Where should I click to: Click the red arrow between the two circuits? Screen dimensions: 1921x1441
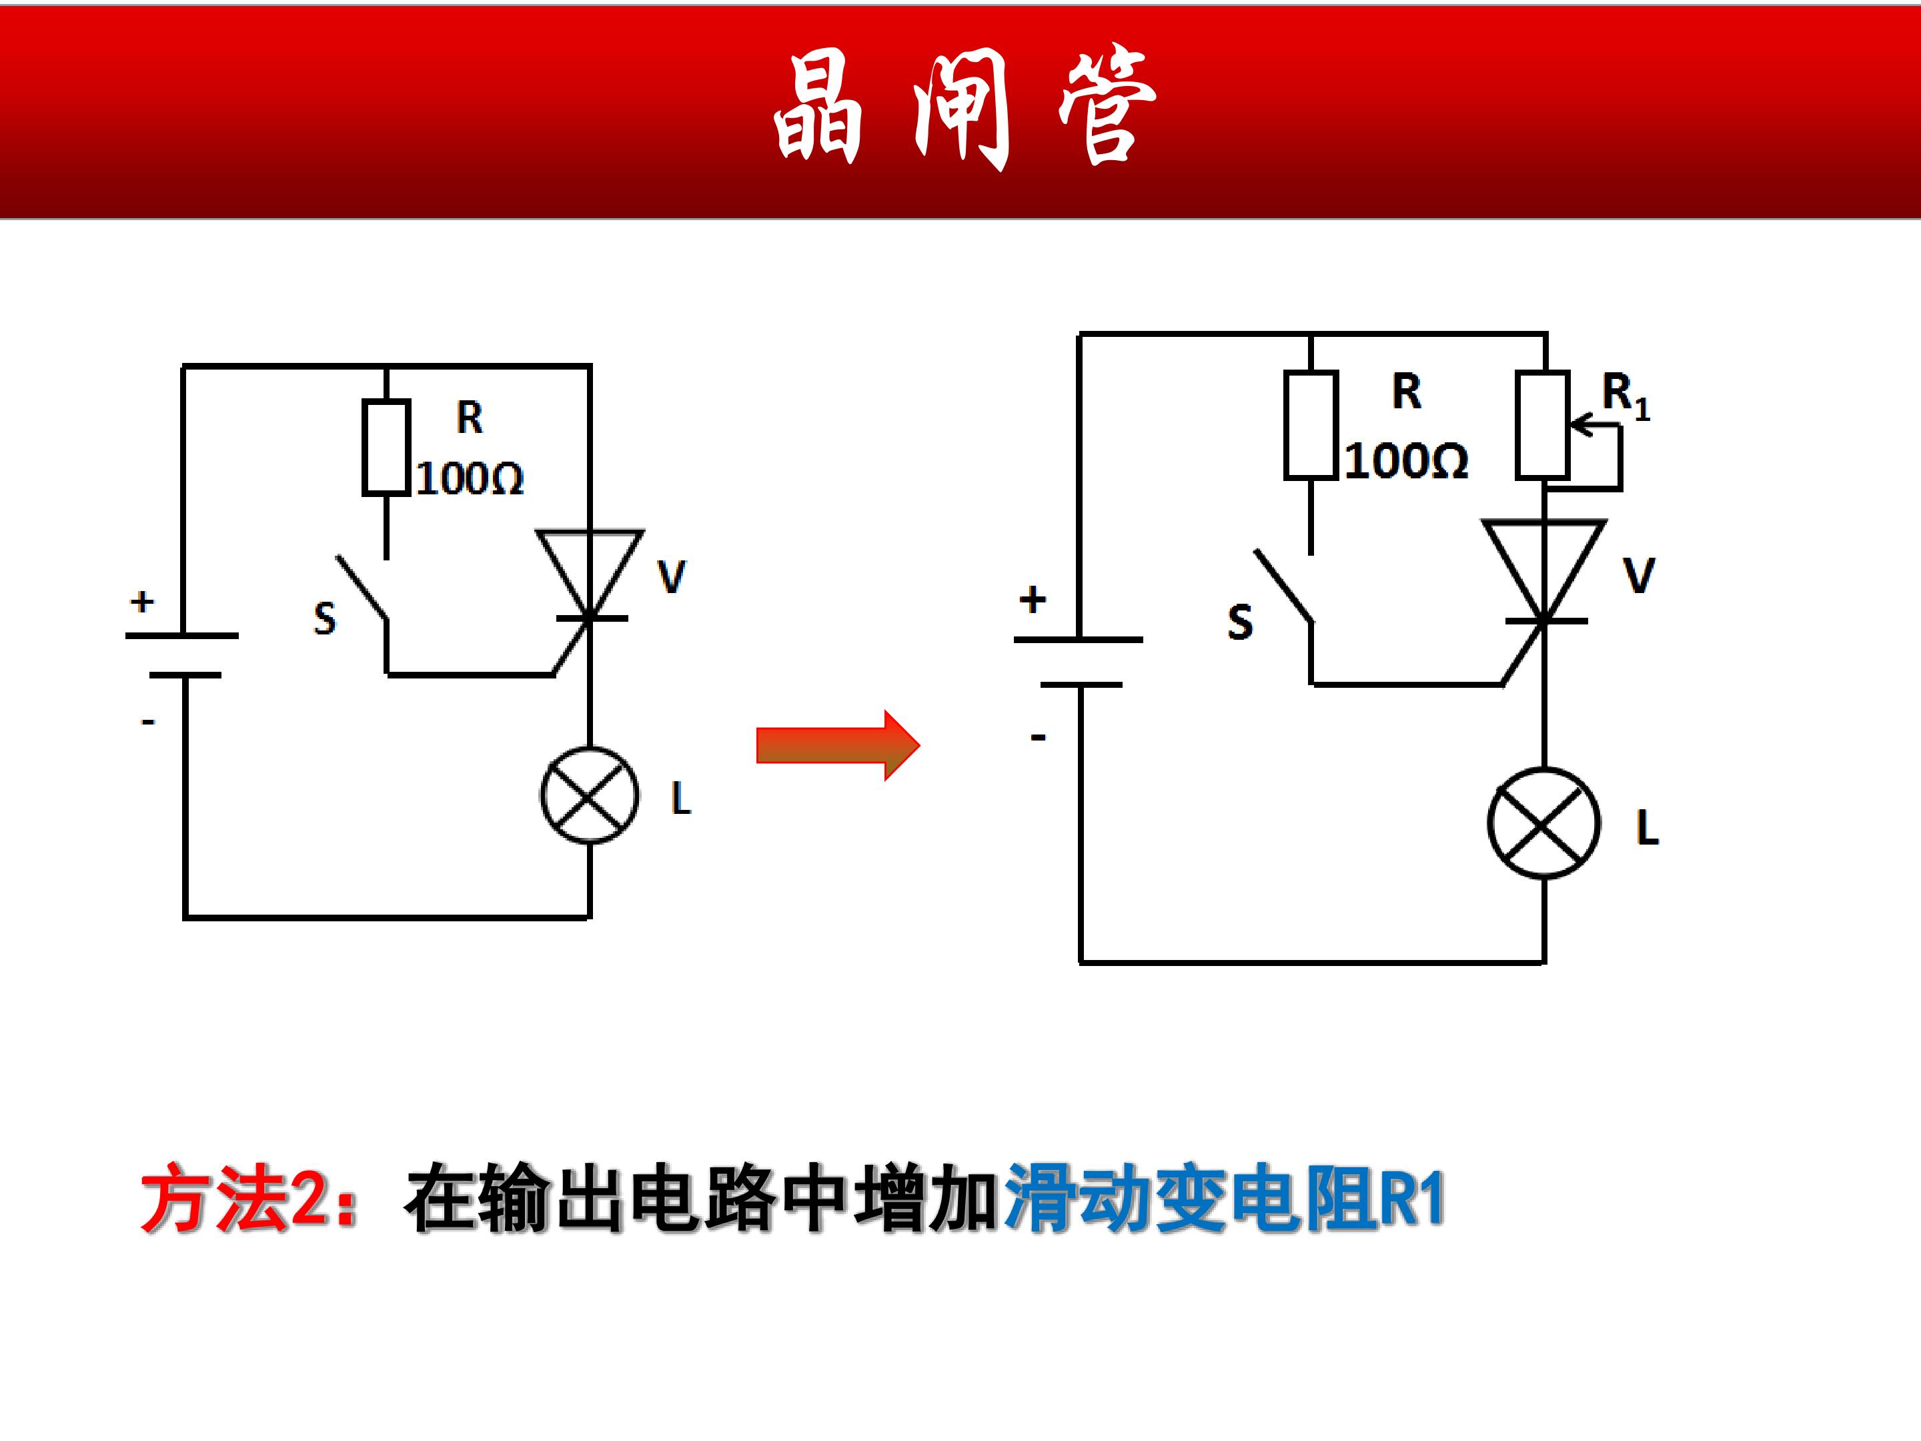tap(837, 745)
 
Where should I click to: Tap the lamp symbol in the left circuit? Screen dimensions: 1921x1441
tap(590, 795)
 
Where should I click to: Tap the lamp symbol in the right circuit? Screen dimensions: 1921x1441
tap(1543, 823)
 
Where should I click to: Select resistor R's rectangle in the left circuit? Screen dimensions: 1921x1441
tap(386, 448)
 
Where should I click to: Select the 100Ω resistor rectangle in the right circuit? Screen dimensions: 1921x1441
tap(1311, 425)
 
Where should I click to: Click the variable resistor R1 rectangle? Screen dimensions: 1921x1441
tap(1542, 425)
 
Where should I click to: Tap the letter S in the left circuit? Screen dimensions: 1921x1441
tap(325, 619)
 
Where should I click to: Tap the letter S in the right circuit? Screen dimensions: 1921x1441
tap(1240, 622)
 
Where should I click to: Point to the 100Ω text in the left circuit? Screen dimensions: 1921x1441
tap(470, 478)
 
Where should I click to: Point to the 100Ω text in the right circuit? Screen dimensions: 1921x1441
tap(1406, 460)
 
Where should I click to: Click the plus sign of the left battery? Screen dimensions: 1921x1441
tap(143, 601)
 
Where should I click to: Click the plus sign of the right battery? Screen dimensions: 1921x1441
tap(1033, 599)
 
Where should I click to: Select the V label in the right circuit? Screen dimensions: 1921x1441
tap(1639, 576)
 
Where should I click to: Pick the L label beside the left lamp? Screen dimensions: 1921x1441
tap(681, 799)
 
